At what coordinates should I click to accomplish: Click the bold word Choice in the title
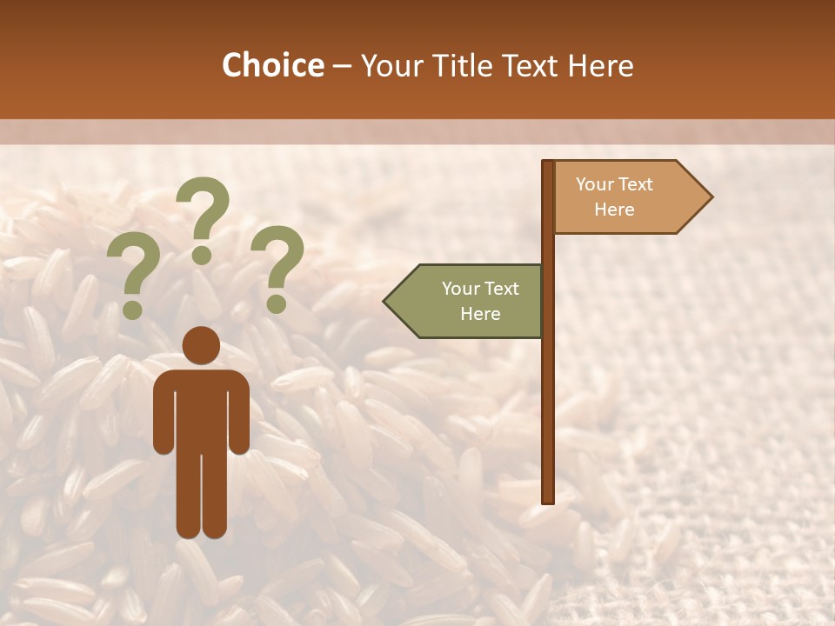272,65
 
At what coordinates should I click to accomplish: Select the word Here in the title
600,65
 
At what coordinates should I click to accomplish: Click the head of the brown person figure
201,344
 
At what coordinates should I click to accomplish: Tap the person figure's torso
201,409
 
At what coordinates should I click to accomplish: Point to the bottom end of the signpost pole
548,499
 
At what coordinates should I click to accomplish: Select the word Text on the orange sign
636,184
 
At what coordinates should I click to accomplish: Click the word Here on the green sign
480,314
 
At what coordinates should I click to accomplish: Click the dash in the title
342,66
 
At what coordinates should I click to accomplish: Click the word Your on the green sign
461,289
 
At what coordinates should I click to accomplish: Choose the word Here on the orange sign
614,210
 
